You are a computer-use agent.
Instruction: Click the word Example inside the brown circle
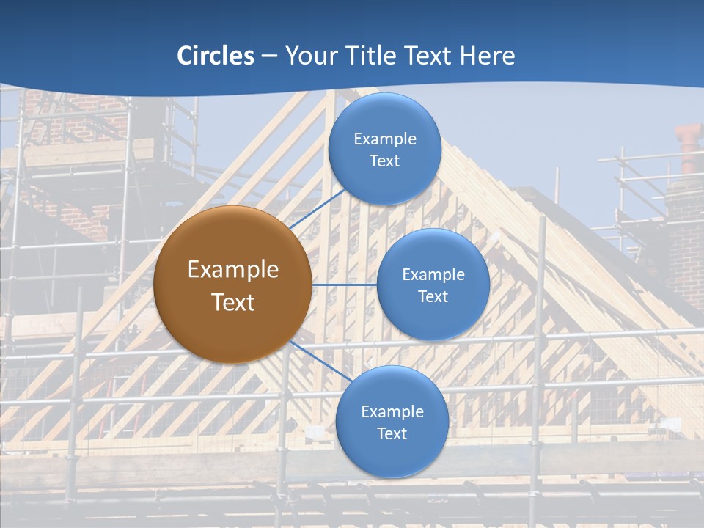[232, 270]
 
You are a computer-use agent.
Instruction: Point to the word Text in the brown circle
[232, 302]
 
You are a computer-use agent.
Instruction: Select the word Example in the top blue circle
[385, 139]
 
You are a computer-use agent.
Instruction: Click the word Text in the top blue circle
[385, 161]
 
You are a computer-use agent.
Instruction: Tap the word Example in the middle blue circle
[433, 275]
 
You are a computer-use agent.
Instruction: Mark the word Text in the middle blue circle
[433, 296]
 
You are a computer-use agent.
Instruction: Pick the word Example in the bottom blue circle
[392, 411]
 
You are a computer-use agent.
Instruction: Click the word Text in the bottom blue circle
[392, 433]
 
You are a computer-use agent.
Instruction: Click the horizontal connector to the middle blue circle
[344, 285]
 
